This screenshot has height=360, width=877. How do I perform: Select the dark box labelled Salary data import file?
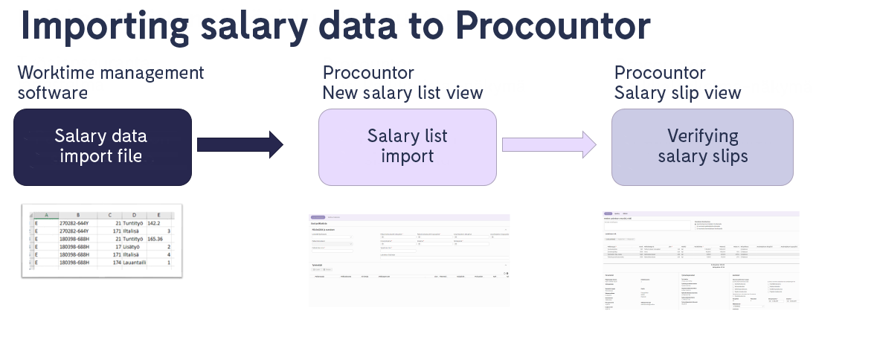coord(103,147)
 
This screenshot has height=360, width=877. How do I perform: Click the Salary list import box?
coord(407,147)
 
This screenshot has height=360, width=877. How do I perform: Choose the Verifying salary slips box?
coord(702,147)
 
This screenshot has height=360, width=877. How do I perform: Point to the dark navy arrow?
coord(240,144)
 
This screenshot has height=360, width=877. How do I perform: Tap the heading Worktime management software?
coord(111,83)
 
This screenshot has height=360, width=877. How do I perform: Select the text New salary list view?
coord(402,93)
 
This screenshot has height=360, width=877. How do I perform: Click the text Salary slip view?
coord(677,93)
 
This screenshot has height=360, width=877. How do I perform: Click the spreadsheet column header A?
coord(46,214)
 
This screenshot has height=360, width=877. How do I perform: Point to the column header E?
coord(158,214)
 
